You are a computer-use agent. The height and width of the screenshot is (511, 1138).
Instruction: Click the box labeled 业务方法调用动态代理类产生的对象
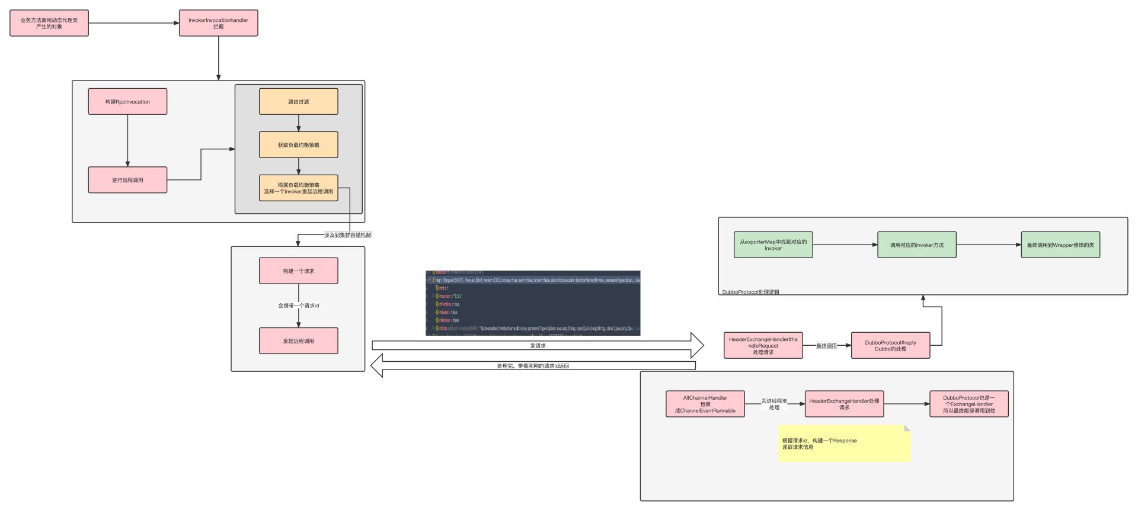tap(49, 23)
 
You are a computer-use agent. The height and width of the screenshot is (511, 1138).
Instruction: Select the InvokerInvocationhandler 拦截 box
tap(218, 23)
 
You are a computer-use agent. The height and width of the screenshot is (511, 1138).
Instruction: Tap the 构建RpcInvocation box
tap(127, 101)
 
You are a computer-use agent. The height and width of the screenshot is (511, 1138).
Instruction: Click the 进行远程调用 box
tap(127, 180)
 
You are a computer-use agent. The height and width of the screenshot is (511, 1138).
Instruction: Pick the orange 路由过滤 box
tap(298, 101)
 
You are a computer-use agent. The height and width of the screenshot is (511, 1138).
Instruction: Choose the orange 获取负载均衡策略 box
tap(298, 144)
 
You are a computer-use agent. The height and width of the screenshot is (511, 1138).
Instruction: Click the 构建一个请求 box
tap(298, 271)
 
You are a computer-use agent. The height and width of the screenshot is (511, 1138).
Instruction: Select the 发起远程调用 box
tap(298, 341)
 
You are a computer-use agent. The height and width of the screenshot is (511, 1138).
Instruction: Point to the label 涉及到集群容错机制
tap(348, 235)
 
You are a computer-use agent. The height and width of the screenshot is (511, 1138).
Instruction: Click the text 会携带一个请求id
tap(298, 306)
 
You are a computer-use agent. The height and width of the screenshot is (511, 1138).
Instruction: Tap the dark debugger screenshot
tap(533, 303)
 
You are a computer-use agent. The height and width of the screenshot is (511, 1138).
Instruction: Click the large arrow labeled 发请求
tap(537, 345)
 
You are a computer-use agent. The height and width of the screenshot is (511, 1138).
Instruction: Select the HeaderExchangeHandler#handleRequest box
tap(763, 345)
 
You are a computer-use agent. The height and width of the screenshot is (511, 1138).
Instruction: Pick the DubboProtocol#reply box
tap(890, 345)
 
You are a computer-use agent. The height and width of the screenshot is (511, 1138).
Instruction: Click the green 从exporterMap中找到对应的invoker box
tap(773, 245)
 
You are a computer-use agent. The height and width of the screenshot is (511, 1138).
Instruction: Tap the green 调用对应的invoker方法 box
tap(916, 245)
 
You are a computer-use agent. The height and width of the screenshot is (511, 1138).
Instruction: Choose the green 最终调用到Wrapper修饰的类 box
tap(1060, 245)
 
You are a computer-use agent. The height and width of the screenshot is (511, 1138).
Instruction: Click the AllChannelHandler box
tap(705, 404)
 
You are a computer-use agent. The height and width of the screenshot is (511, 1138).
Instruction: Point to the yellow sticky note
tap(843, 443)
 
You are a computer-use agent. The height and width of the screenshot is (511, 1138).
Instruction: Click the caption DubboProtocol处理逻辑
tap(750, 292)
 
